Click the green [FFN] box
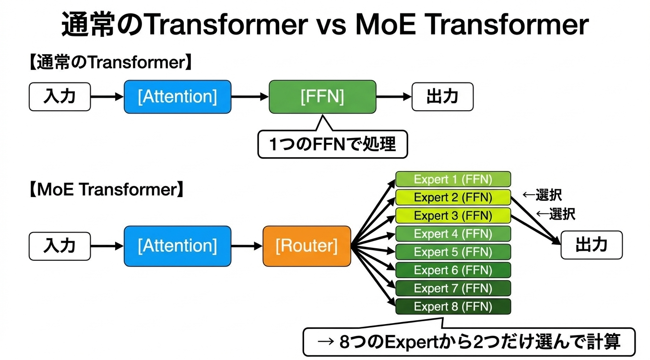tap(322, 97)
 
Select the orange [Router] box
tap(307, 246)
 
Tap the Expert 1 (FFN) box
tap(453, 179)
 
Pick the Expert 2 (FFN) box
tap(453, 197)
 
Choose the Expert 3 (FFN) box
tap(453, 216)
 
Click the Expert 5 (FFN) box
tap(453, 252)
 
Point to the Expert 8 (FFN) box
tap(453, 306)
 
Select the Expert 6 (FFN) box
tap(453, 270)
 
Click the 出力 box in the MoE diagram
tap(591, 245)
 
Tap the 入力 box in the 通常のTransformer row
tap(60, 97)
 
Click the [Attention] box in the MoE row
tap(177, 246)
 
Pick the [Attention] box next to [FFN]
tap(177, 97)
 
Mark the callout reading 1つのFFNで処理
tap(332, 144)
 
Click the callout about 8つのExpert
tap(469, 342)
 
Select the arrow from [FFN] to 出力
tap(393, 97)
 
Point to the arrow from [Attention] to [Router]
tap(247, 246)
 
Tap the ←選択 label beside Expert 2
tap(542, 195)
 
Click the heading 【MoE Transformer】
tap(106, 190)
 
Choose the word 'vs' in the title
tap(331, 25)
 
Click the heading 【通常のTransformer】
tap(111, 63)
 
